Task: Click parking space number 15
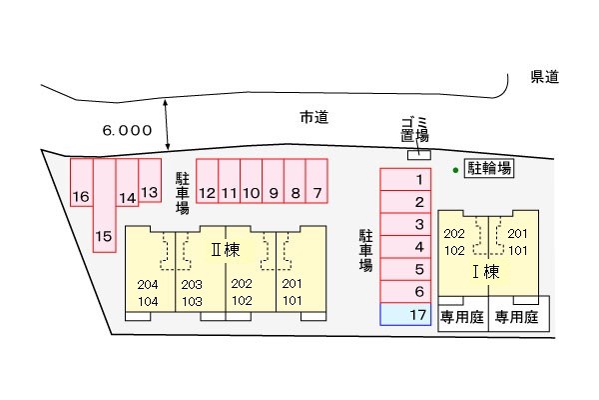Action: point(104,206)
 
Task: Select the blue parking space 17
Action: point(405,314)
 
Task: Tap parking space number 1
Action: point(405,179)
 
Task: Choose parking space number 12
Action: point(207,181)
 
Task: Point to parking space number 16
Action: point(82,183)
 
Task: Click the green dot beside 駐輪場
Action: point(455,170)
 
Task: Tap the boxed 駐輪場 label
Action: point(489,168)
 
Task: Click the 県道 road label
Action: point(545,77)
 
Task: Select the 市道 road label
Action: point(314,117)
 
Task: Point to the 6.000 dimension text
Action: point(127,131)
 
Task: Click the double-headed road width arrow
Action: point(166,125)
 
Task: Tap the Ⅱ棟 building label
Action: point(226,250)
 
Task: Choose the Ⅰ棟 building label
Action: point(486,272)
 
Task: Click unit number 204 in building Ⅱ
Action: point(148,285)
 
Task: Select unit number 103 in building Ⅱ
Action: point(192,302)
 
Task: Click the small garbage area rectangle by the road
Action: point(419,155)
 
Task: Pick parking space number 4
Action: point(405,247)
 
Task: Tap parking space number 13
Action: point(150,180)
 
